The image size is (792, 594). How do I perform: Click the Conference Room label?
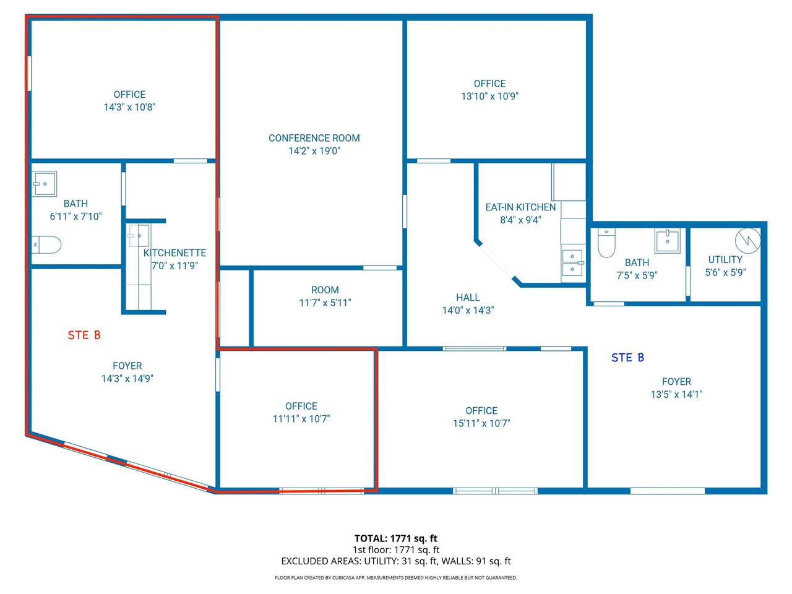click(314, 138)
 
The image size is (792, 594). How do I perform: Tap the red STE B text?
click(84, 335)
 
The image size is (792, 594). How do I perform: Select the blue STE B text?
click(627, 358)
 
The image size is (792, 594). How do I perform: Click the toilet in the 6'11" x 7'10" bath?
click(46, 245)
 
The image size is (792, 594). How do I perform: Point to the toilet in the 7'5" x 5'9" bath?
click(606, 243)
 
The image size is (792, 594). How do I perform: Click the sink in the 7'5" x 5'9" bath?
click(668, 241)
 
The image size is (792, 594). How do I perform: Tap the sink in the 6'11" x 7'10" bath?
click(44, 184)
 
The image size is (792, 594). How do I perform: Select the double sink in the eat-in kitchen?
click(572, 262)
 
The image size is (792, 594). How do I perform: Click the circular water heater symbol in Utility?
click(747, 241)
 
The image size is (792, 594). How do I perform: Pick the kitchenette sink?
click(139, 236)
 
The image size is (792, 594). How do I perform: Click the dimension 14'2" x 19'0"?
click(314, 151)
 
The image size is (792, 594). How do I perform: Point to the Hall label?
click(468, 298)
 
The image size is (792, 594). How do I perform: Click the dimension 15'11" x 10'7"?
click(481, 423)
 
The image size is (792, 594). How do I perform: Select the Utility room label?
click(725, 260)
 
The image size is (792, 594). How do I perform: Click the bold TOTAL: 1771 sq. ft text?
click(396, 538)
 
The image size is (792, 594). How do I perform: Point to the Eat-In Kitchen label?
click(520, 207)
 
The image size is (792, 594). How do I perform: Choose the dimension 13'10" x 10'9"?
click(489, 97)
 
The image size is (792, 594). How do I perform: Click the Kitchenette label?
click(174, 253)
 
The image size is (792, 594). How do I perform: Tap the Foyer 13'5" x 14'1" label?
click(676, 388)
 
